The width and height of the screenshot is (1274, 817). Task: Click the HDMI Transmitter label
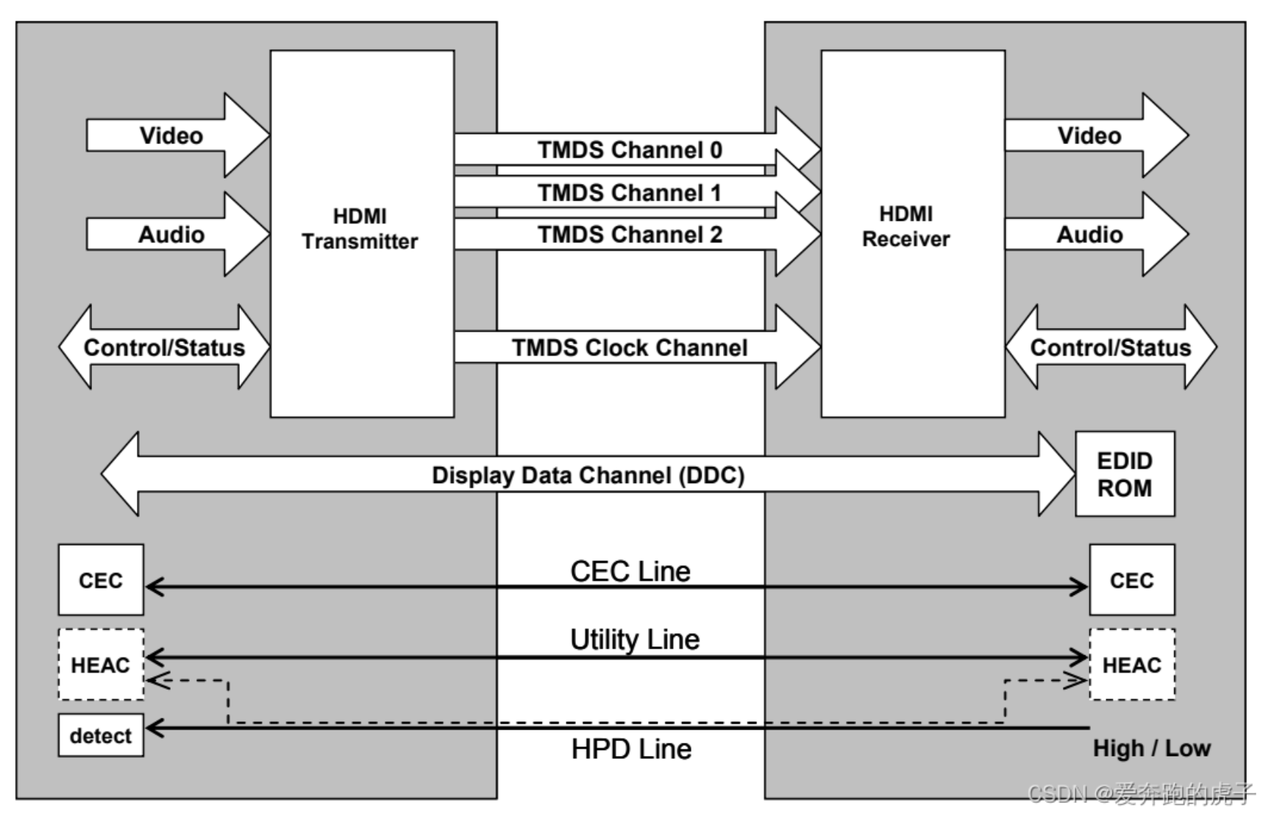click(x=360, y=229)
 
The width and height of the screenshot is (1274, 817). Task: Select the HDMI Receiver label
click(x=905, y=226)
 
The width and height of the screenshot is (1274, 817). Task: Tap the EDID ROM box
click(x=1124, y=474)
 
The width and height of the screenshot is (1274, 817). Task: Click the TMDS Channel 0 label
click(x=630, y=150)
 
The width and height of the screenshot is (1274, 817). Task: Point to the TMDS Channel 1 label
click(x=630, y=193)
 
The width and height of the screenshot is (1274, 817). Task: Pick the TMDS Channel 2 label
click(x=630, y=235)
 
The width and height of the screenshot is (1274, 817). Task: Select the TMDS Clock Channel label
click(x=630, y=347)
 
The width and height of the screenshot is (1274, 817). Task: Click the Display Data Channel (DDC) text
click(x=588, y=475)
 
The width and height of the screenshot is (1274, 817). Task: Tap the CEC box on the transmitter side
click(x=101, y=580)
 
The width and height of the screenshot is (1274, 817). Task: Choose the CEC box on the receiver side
click(x=1131, y=580)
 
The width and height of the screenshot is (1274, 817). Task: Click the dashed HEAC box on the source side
click(x=101, y=665)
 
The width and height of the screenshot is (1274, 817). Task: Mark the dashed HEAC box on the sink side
click(x=1131, y=665)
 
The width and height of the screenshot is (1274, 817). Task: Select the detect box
click(x=101, y=735)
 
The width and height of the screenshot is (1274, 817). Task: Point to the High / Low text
click(x=1151, y=749)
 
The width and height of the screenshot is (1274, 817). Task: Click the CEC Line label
click(x=630, y=571)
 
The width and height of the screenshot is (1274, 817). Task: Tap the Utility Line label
click(x=635, y=639)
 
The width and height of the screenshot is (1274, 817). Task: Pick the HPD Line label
click(x=631, y=749)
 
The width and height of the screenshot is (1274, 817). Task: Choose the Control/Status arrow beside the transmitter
click(x=164, y=347)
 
